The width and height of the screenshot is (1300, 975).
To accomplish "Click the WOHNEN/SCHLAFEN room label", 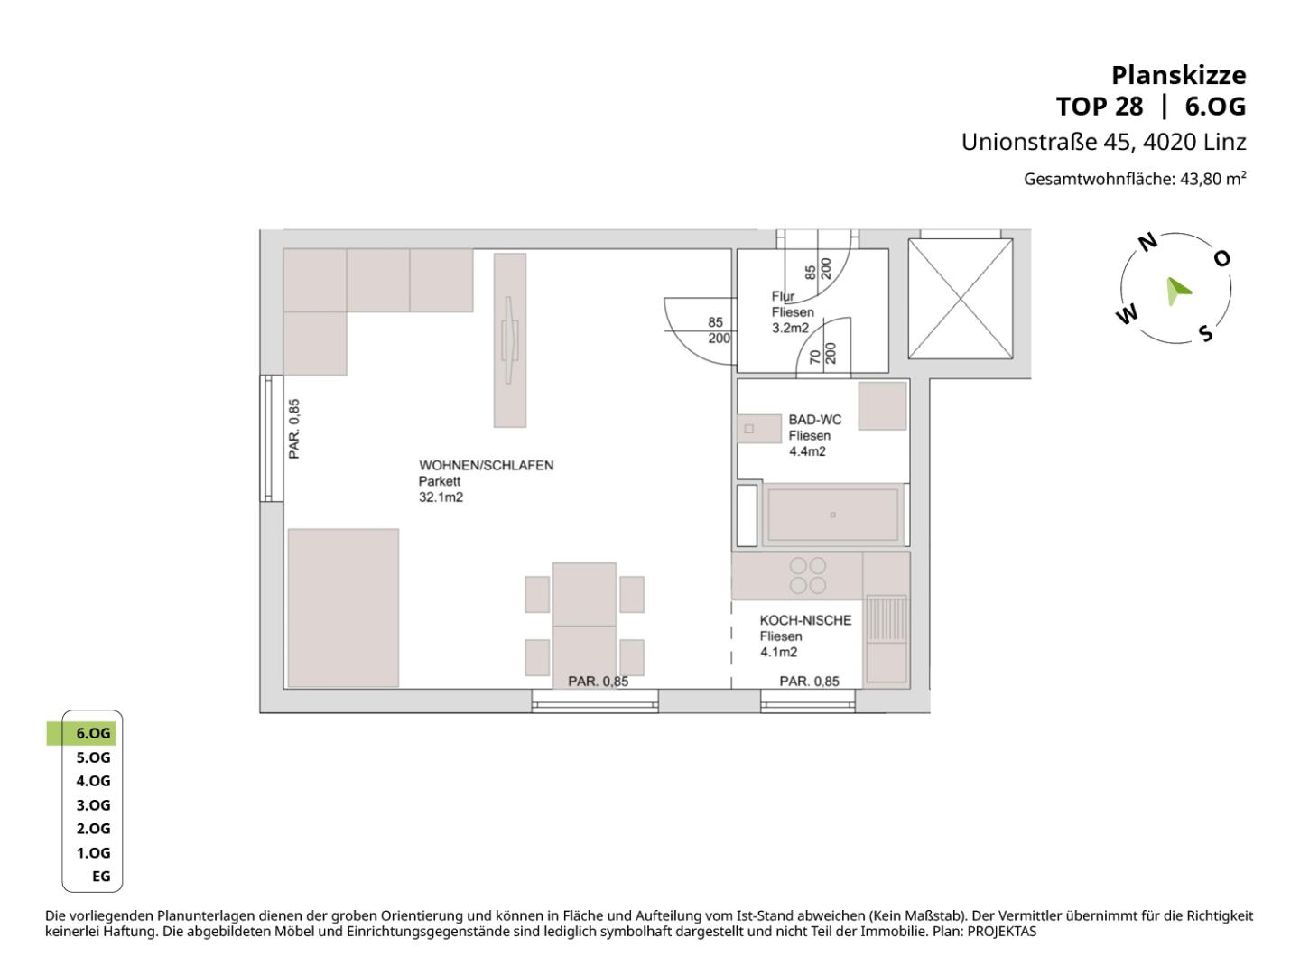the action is tap(487, 465).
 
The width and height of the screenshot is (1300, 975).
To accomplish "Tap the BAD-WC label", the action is tap(814, 420).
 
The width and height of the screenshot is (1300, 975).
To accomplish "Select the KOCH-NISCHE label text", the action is tap(805, 620).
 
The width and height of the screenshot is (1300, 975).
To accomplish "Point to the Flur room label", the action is tap(783, 296).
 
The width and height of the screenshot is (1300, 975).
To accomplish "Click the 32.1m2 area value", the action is tap(441, 497).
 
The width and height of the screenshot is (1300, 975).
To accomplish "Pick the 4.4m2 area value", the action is tap(807, 451).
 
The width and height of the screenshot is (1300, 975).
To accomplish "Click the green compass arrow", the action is tap(1177, 291).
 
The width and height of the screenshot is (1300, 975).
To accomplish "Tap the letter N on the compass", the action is tap(1147, 242).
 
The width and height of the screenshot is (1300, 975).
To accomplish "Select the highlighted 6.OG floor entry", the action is tap(93, 733).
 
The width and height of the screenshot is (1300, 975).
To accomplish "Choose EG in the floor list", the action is tap(101, 876).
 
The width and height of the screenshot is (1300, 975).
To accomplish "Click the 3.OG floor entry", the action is tap(93, 805).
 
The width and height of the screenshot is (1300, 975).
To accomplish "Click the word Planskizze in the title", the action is tap(1179, 75).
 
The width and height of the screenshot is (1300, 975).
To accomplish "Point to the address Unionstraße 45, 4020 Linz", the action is tap(1103, 142).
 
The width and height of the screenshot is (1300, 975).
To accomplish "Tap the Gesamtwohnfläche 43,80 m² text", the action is tap(1135, 179).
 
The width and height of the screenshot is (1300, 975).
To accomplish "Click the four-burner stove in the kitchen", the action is tap(808, 576).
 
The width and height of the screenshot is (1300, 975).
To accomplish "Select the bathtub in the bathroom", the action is tap(832, 515).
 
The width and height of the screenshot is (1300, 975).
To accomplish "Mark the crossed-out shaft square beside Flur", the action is tap(960, 299).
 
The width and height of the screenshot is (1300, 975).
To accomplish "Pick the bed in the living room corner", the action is tap(344, 608).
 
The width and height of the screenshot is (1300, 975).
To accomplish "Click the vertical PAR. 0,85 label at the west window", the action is tap(294, 429).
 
